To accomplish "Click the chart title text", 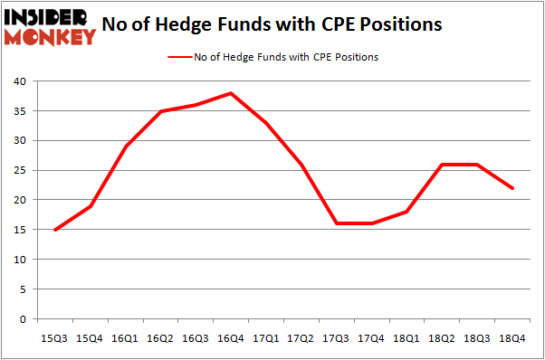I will tap(272, 24).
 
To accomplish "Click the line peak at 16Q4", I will tap(231, 93).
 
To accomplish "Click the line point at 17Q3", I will tap(336, 223).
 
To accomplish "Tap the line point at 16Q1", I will tap(126, 147).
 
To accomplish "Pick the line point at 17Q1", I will tap(265, 123).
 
